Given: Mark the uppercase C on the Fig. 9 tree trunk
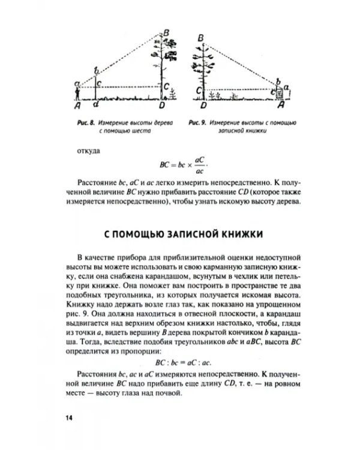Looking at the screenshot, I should [198, 90].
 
